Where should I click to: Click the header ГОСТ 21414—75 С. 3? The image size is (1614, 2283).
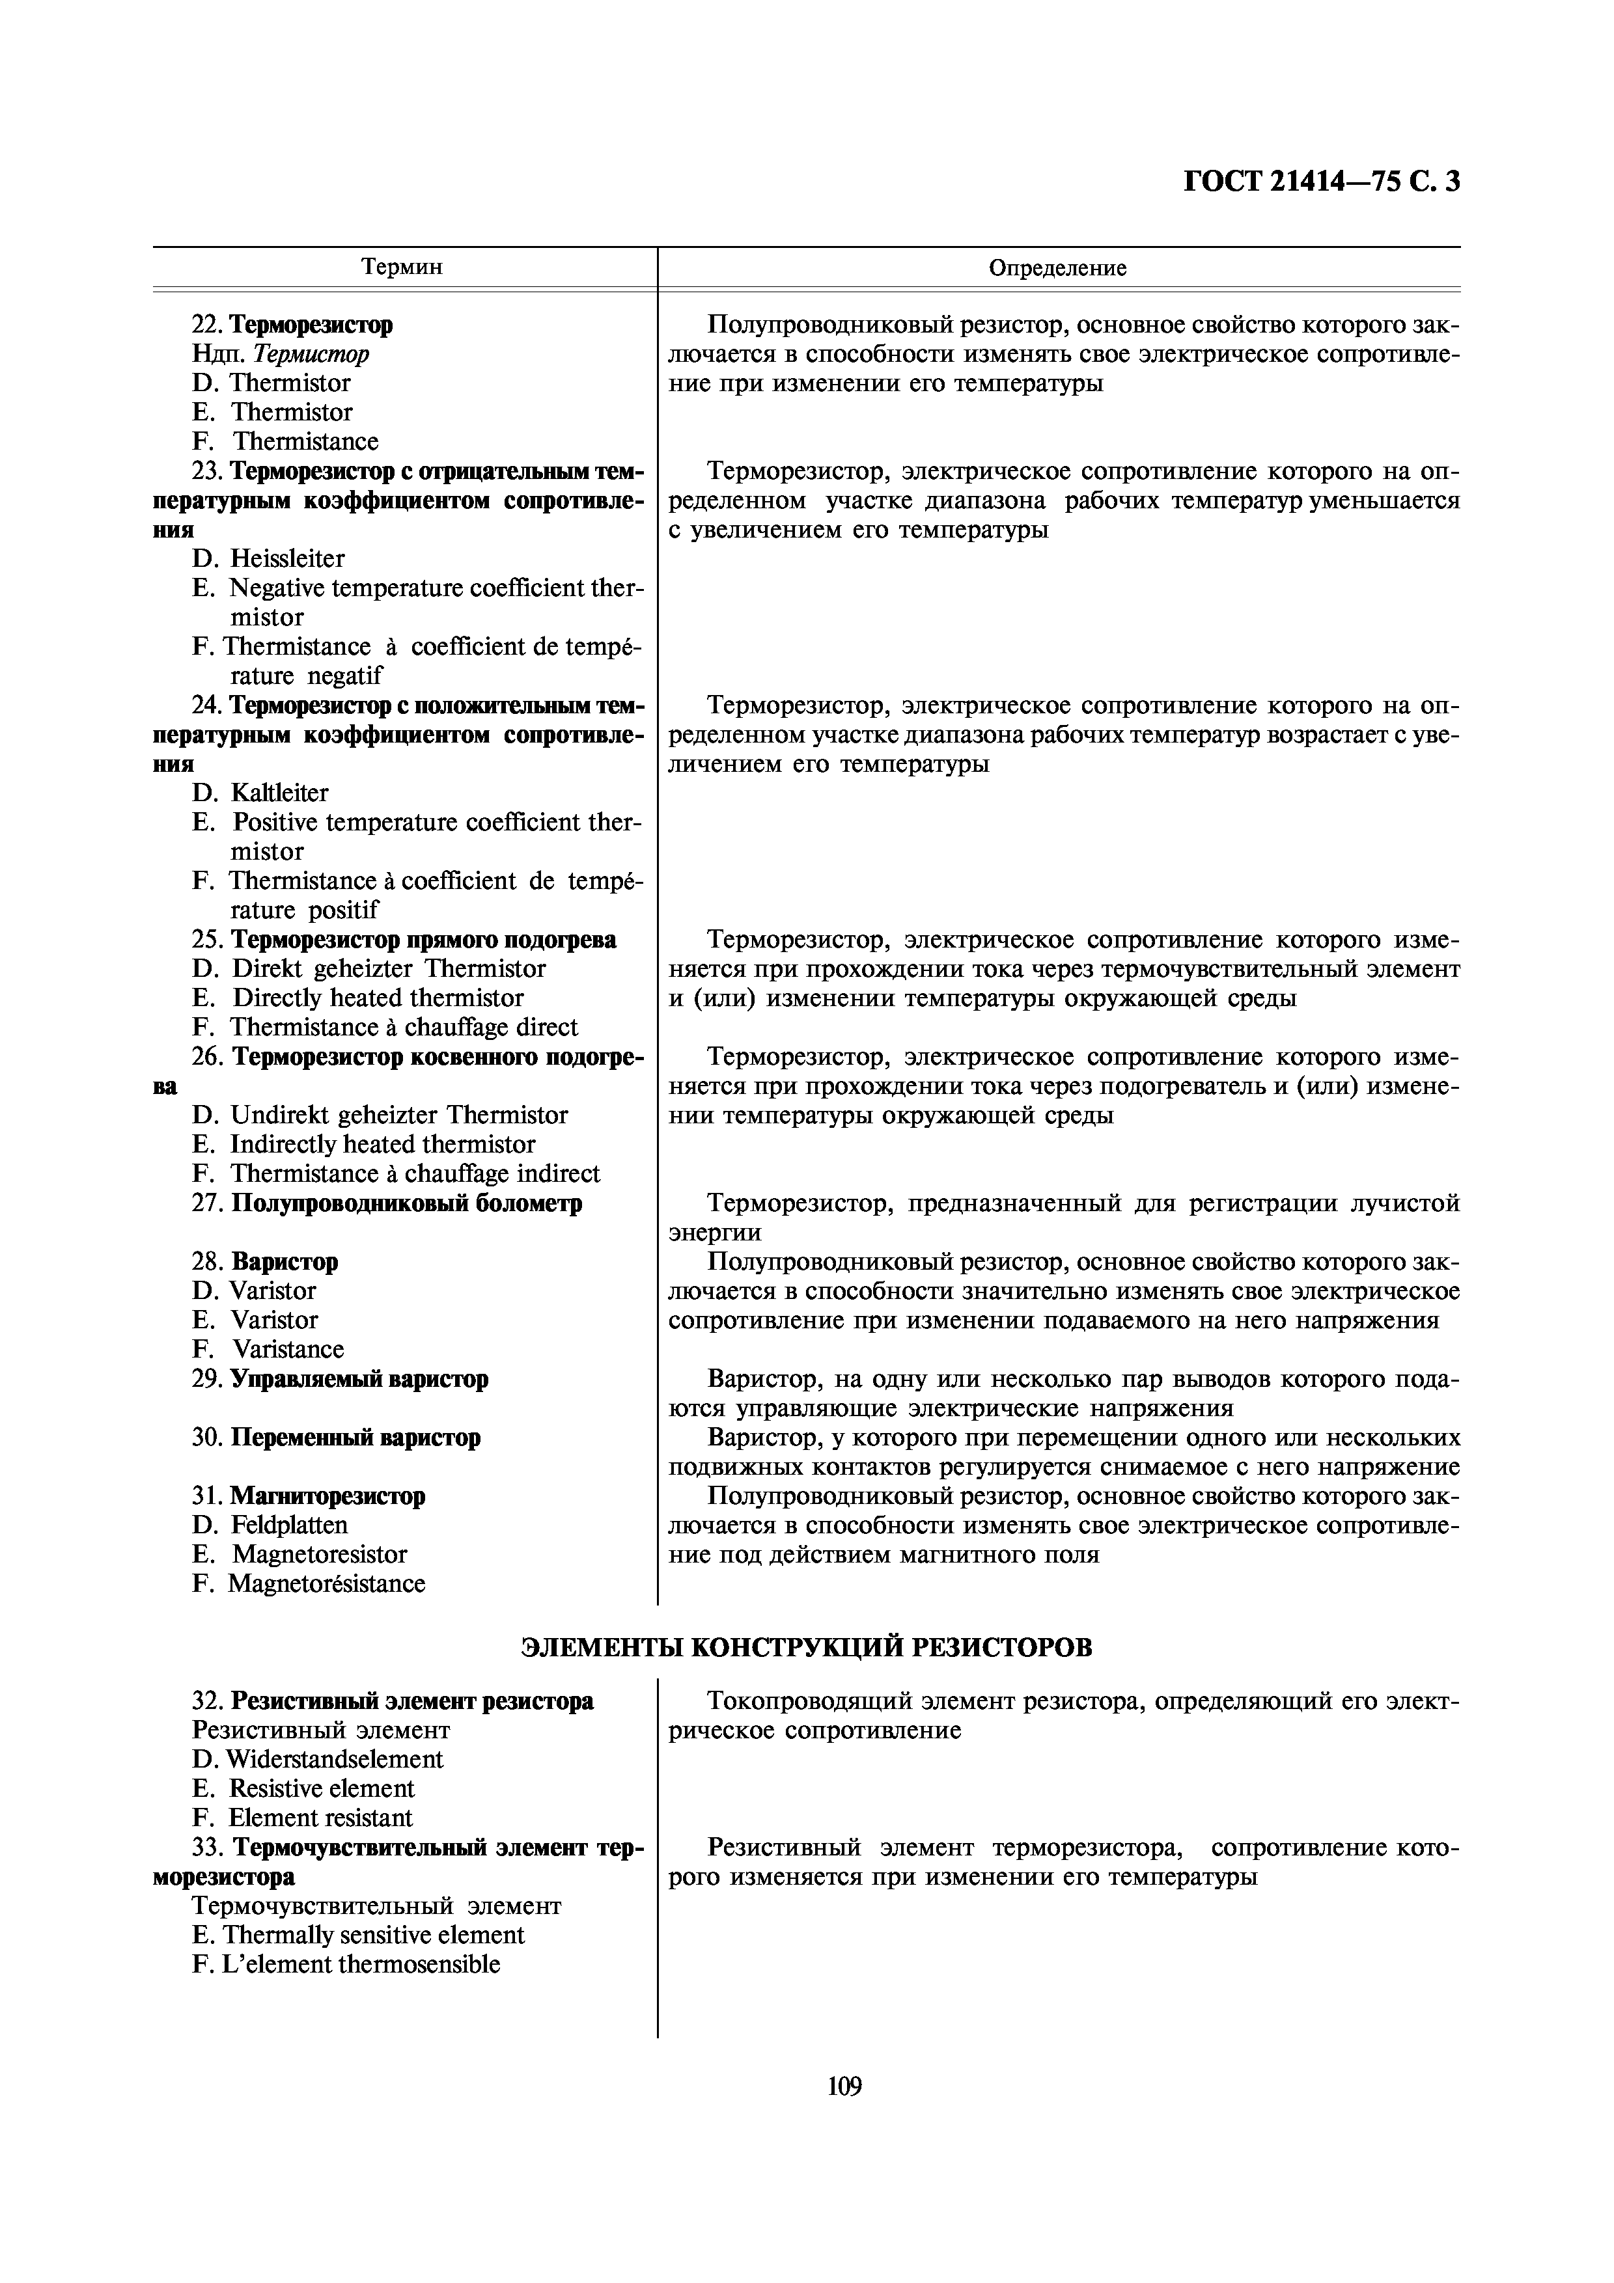(x=1322, y=182)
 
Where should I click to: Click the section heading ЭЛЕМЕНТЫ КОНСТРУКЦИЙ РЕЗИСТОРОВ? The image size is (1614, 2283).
(x=807, y=1648)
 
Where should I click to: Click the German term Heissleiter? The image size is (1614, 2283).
(x=287, y=559)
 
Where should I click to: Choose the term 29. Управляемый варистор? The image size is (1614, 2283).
(x=340, y=1380)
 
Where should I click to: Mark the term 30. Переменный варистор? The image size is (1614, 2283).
(x=336, y=1438)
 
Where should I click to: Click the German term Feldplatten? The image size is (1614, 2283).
(x=289, y=1525)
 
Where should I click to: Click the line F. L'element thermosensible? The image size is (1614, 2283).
(x=346, y=1965)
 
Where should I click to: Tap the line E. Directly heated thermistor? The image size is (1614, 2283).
(x=358, y=998)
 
